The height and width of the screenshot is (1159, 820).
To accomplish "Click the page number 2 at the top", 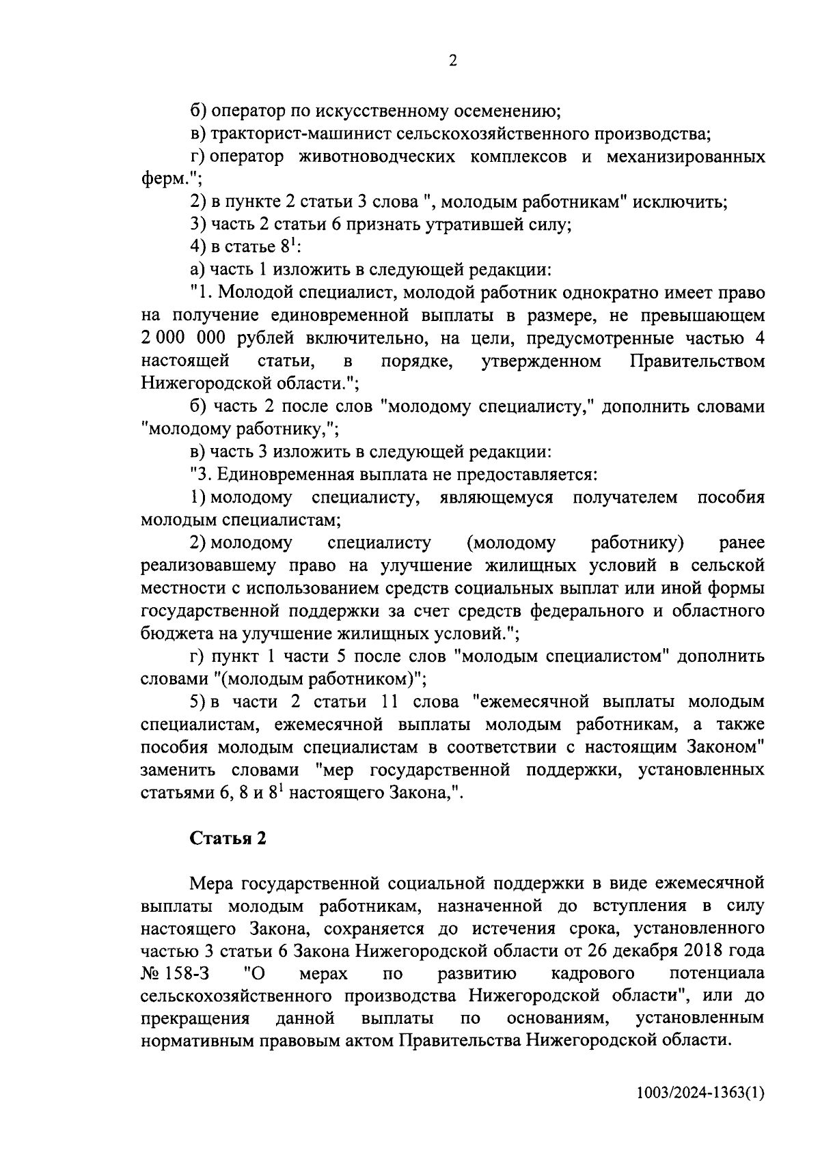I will (452, 61).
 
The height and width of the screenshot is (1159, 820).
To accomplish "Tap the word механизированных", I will (686, 157).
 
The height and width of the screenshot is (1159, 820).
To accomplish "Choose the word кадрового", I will (592, 974).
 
